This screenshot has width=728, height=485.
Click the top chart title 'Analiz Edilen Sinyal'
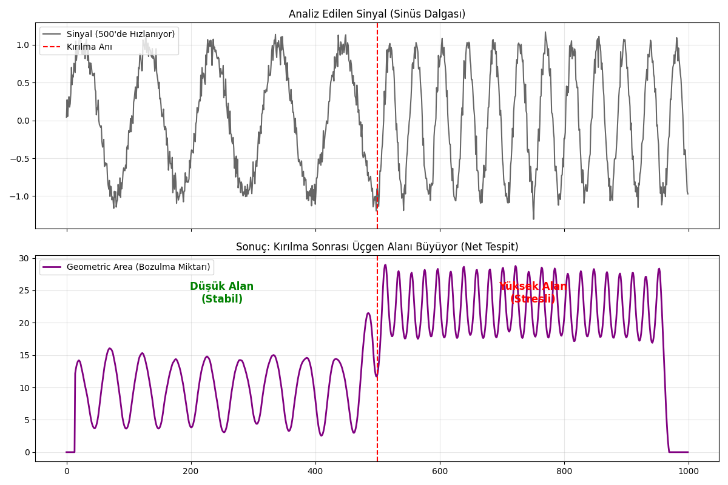[x=377, y=14]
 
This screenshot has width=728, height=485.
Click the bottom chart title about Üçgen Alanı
[x=377, y=247]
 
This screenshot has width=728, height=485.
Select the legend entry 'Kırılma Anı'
[x=89, y=47]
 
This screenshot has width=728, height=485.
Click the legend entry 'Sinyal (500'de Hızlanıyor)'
[x=120, y=34]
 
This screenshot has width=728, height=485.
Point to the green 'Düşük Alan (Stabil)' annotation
[x=221, y=293]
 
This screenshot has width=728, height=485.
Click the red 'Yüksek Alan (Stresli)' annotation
[x=533, y=293]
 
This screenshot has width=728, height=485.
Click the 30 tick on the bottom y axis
[x=24, y=258]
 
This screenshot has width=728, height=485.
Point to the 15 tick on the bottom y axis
[x=24, y=355]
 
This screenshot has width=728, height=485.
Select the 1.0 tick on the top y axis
[x=23, y=45]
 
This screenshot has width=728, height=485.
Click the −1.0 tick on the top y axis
[x=21, y=196]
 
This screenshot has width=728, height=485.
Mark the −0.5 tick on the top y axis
[x=21, y=159]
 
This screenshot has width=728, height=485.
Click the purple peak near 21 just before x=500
[x=368, y=313]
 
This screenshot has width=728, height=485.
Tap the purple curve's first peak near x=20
[x=79, y=361]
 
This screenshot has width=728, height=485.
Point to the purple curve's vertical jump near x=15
[x=75, y=412]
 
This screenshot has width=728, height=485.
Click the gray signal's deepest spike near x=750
[x=533, y=218]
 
